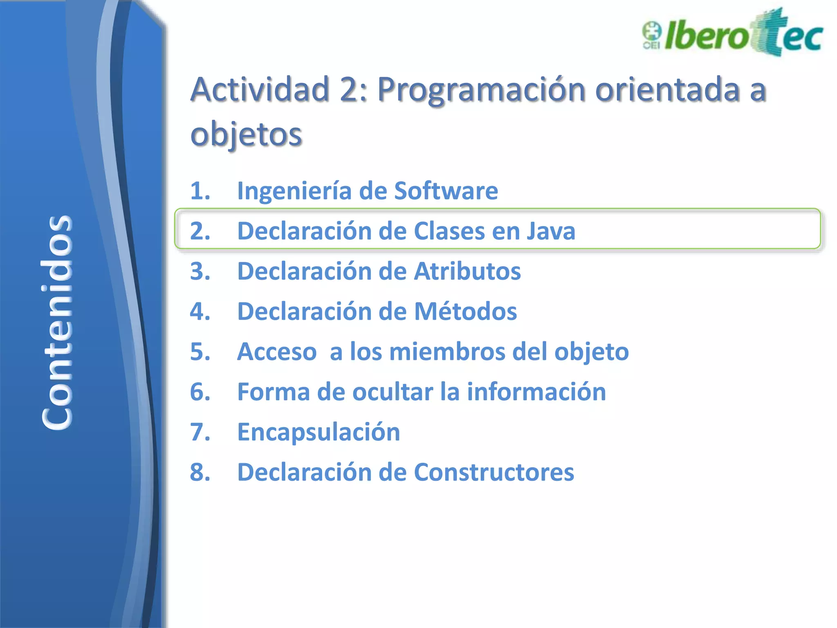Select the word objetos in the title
point(246,134)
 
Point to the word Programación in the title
point(481,90)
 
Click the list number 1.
point(200,191)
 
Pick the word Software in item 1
point(446,191)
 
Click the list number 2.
point(200,231)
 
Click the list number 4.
point(200,312)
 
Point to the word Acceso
point(277,352)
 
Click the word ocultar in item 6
point(392,392)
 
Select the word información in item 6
point(536,392)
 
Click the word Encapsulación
point(318,432)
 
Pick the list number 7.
point(200,432)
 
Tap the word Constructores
point(494,472)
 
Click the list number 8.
point(200,472)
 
